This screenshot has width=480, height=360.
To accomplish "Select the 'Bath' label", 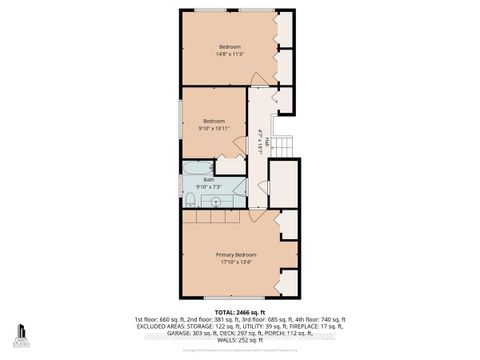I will coord(209,179).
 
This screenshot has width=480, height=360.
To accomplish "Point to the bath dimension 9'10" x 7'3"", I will coord(209,187).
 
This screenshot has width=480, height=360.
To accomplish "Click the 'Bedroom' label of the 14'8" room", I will coord(232,46).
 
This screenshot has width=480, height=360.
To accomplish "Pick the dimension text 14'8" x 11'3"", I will coord(232,55).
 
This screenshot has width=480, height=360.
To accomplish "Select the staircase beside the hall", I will coord(285,147).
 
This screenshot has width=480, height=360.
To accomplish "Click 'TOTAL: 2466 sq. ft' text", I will coord(240,310).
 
